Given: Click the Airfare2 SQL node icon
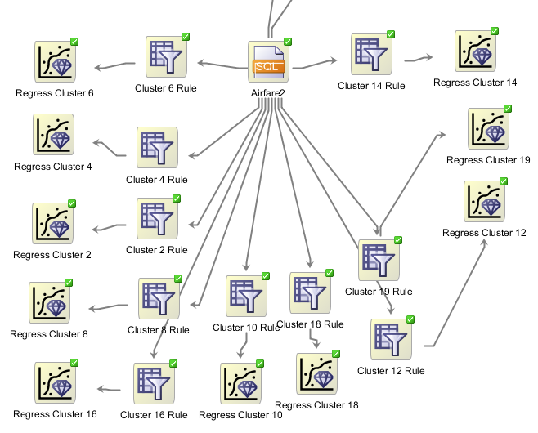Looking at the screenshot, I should tap(268, 61).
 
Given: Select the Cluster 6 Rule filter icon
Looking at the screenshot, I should tap(166, 57).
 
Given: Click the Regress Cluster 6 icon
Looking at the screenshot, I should tap(56, 62).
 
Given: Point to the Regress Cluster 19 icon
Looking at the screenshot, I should tap(488, 128).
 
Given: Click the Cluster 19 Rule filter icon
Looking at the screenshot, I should tap(379, 261).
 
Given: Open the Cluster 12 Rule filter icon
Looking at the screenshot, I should tap(392, 339).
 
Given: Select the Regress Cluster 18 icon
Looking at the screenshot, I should tap(316, 374).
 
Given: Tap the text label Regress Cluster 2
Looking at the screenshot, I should tap(52, 255).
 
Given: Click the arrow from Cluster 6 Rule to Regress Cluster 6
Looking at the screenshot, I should tap(114, 66).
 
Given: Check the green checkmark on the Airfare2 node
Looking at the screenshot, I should tap(288, 41).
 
